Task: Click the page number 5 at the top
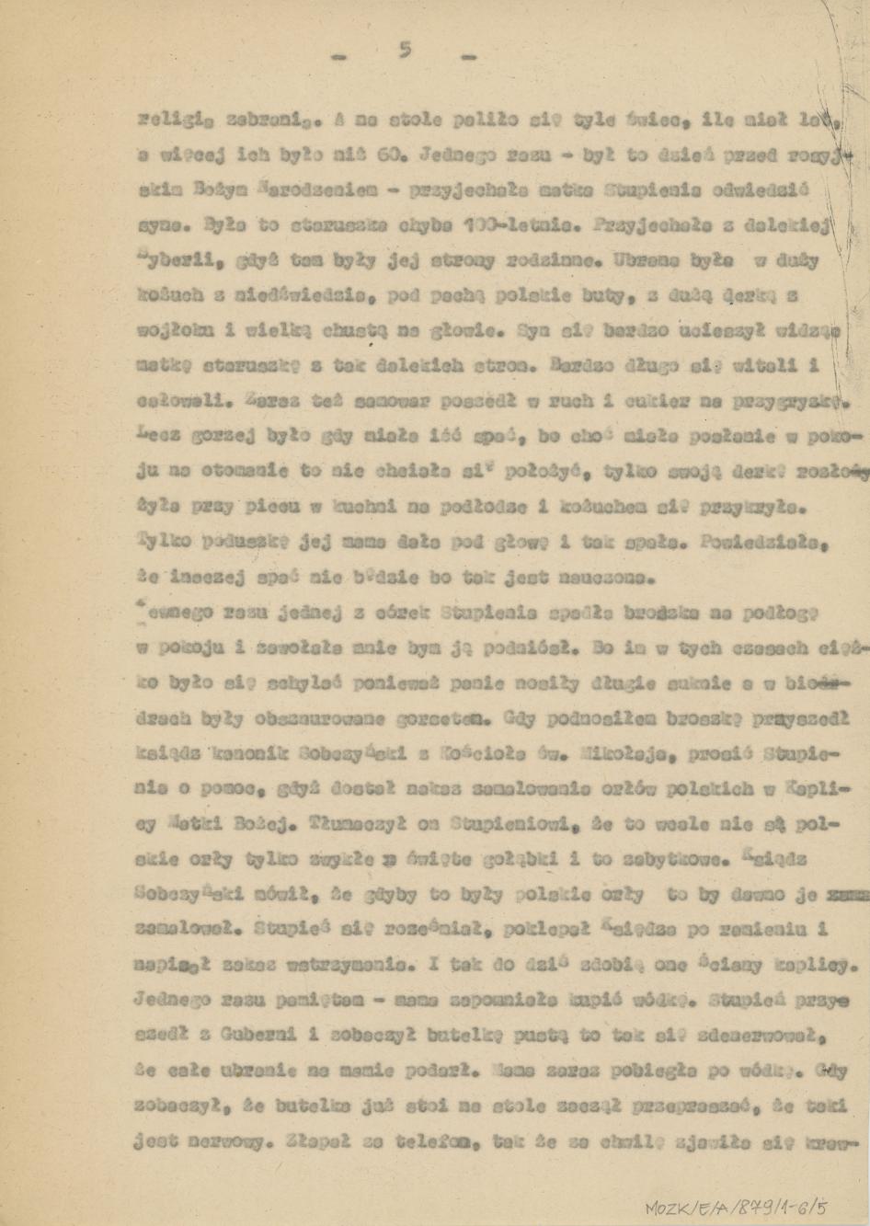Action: [403, 52]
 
